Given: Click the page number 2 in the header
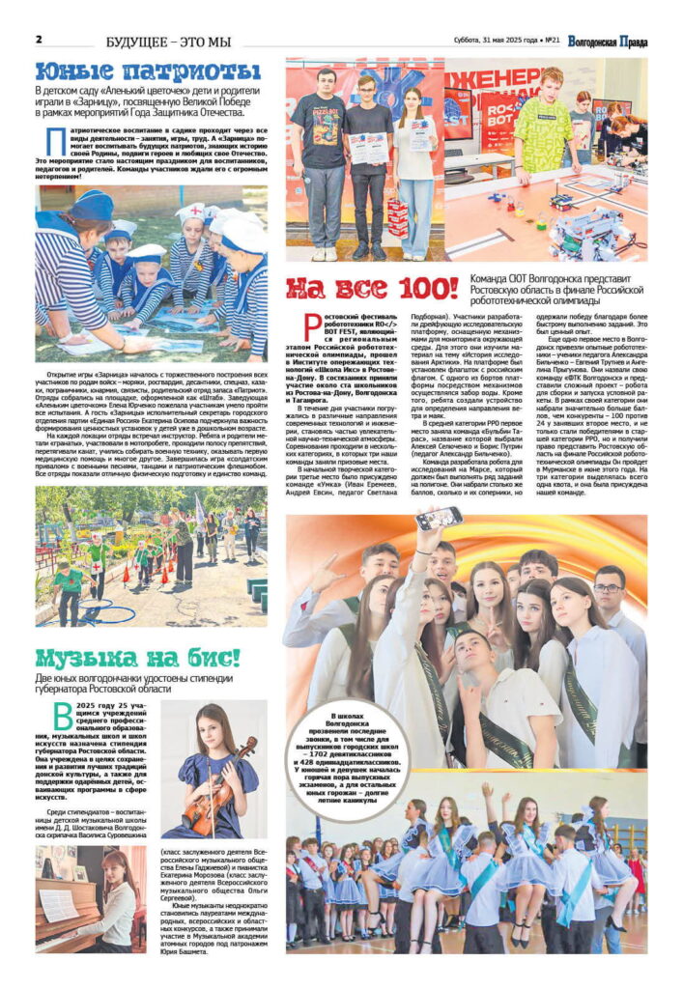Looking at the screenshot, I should tap(39, 40).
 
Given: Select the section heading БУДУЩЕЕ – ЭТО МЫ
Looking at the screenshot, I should tap(169, 42).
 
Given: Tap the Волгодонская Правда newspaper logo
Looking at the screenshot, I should tap(608, 42).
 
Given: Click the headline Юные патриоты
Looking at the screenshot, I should tap(148, 71).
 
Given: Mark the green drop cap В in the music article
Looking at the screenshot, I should tap(46, 720).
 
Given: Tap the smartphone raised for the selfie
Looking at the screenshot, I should tap(441, 518).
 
